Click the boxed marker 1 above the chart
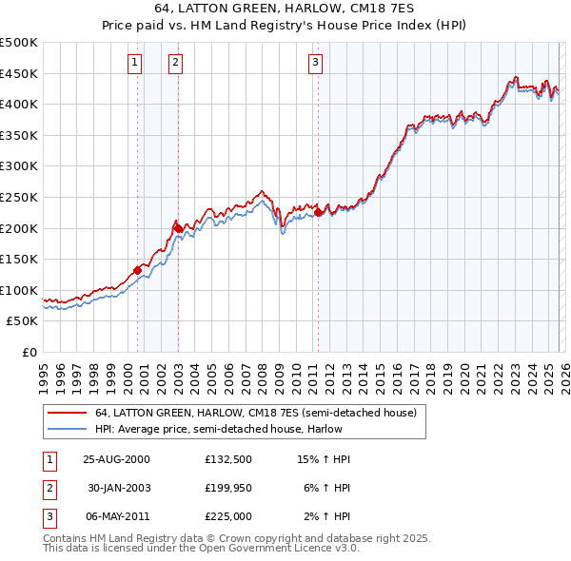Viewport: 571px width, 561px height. point(134,64)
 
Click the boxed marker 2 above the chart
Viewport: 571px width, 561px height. point(176,64)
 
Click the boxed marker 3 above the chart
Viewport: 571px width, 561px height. point(315,64)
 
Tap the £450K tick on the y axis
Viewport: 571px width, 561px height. point(19,73)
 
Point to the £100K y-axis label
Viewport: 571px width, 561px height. point(19,290)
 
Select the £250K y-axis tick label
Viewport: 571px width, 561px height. point(19,197)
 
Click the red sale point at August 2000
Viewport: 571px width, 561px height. point(137,270)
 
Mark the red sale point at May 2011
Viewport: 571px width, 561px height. point(318,213)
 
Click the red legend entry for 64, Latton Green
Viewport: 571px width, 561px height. point(255,414)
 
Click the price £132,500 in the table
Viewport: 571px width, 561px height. point(227,459)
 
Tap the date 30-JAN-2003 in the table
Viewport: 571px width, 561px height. point(119,488)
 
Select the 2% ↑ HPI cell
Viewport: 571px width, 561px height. point(325,516)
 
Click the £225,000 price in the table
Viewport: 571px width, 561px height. point(227,516)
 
